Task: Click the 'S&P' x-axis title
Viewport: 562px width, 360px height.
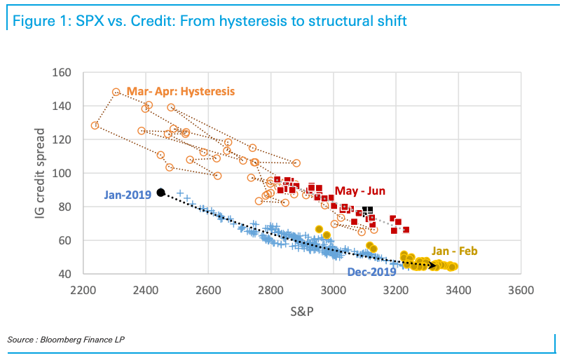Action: point(302,312)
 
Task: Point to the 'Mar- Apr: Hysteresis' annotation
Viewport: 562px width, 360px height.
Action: point(180,92)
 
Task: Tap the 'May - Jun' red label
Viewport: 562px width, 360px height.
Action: point(359,191)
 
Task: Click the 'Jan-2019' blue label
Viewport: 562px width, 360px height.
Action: point(128,195)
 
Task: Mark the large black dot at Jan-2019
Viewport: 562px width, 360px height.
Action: point(160,192)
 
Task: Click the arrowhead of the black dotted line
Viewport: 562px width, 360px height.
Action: point(434,265)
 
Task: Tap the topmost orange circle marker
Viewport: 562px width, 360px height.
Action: point(116,92)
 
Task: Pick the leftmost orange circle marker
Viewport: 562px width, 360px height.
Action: point(95,125)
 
